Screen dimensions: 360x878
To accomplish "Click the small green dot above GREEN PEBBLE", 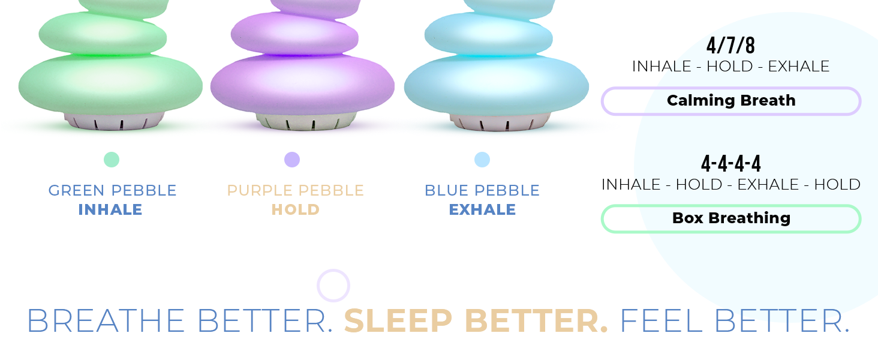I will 112,160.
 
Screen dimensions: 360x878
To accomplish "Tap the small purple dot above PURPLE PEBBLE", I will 292,160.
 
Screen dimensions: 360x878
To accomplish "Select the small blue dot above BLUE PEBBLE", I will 482,160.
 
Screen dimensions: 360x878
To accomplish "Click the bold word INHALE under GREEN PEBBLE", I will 110,210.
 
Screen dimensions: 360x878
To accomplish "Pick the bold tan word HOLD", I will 295,210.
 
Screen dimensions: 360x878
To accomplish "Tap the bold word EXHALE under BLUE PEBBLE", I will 482,210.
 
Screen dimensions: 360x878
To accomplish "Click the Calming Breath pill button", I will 731,101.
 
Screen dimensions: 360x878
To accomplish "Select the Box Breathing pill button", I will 731,218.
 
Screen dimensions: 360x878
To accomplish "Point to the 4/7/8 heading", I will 730,46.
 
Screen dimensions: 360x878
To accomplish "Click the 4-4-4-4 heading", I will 730,163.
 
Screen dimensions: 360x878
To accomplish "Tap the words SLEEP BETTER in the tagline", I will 476,321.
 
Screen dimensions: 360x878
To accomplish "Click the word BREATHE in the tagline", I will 106,321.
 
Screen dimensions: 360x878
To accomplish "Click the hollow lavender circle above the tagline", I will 333,286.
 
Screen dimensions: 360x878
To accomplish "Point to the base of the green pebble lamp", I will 112,121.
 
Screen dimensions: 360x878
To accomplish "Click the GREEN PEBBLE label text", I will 113,191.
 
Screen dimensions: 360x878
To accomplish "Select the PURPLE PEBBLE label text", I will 295,191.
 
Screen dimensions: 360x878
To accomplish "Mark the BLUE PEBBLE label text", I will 482,191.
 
